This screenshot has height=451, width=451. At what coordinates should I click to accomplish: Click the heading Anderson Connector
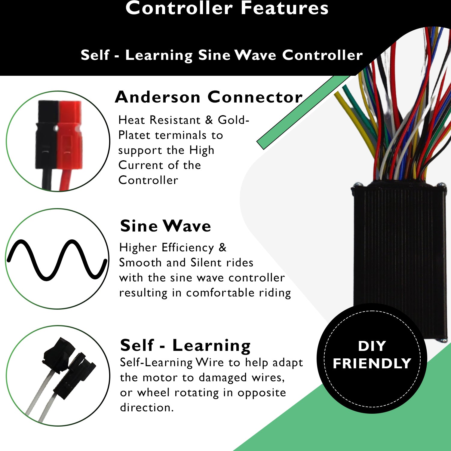[209, 97]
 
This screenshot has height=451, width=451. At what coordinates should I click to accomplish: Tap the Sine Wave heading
[165, 226]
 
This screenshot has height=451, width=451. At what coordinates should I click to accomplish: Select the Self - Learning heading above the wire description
[185, 345]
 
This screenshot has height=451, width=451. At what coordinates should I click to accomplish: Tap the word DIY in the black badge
[372, 346]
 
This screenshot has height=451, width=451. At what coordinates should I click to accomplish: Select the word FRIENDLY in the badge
[372, 364]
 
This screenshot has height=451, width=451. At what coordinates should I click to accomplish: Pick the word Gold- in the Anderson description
[234, 120]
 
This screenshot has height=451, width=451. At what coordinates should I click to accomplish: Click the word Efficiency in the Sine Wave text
[188, 247]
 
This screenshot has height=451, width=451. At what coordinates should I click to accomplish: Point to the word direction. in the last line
[147, 407]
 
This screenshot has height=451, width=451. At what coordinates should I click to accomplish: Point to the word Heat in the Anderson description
[132, 120]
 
